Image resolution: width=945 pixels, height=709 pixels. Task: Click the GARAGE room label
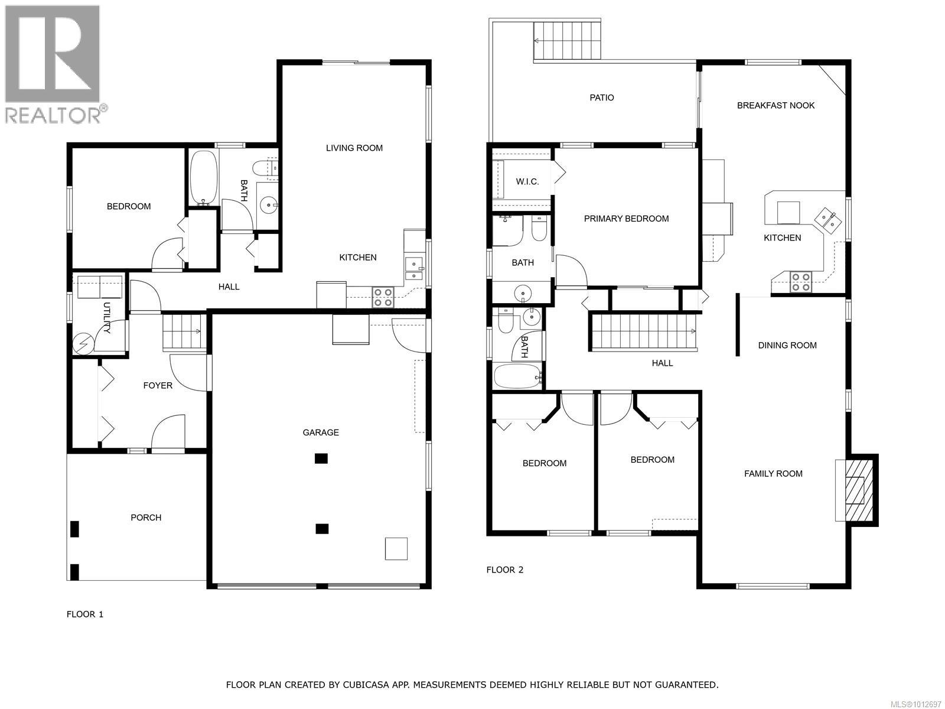point(321,432)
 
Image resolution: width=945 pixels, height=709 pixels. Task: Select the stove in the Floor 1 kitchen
point(383,297)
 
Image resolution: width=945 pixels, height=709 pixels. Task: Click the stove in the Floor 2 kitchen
point(800,282)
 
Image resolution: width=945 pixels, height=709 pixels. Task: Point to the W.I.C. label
point(527,181)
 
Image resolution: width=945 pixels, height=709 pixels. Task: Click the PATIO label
point(601,97)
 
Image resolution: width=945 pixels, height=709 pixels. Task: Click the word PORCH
point(146,518)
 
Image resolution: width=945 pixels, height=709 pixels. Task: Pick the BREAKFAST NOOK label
point(775,105)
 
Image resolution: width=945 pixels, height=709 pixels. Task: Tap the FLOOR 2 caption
point(504,570)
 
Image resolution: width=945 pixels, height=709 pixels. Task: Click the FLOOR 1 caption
point(84,614)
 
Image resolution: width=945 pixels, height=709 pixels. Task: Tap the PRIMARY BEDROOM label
point(626,219)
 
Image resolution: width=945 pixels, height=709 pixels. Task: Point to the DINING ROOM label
point(787,345)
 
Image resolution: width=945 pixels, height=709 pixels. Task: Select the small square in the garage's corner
point(396,548)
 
